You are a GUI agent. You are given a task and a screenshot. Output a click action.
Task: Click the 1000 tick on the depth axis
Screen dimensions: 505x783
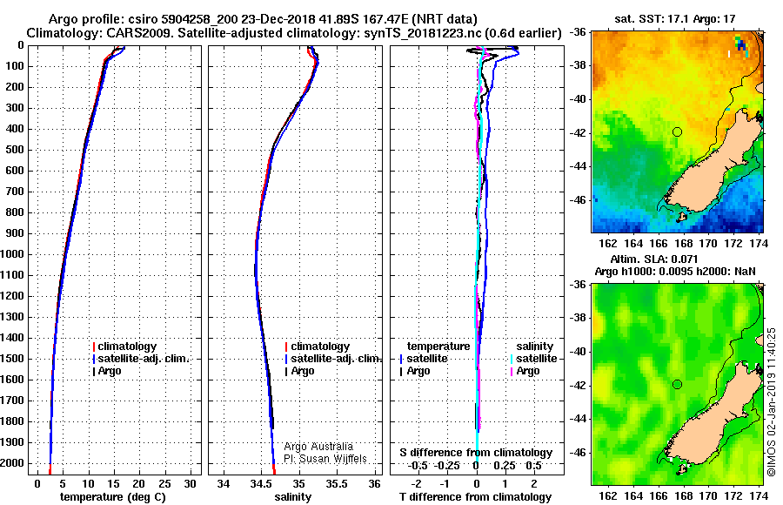click(x=15, y=254)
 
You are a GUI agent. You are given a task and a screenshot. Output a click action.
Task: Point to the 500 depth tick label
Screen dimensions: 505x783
click(x=15, y=150)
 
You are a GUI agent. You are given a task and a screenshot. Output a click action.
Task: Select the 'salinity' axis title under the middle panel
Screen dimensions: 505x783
click(x=292, y=497)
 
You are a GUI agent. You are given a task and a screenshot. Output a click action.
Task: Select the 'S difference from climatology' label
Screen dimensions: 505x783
click(x=476, y=453)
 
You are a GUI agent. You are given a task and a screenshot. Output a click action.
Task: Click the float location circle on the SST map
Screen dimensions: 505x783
click(x=677, y=131)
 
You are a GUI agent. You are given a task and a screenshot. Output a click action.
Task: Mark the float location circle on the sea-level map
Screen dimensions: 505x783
click(x=677, y=384)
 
